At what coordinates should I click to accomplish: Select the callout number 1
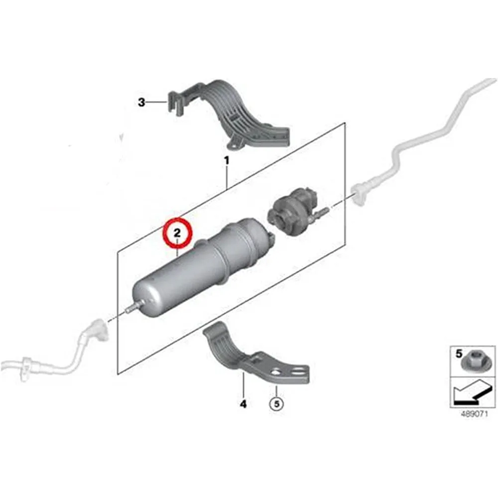(x=226, y=161)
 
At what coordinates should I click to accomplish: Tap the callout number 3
(x=142, y=103)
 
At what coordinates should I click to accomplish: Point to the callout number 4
(x=243, y=404)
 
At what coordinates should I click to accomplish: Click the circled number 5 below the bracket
(x=275, y=404)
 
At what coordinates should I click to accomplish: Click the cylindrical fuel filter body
(x=189, y=279)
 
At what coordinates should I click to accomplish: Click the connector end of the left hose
(x=95, y=330)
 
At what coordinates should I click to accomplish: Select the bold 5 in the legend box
(x=459, y=354)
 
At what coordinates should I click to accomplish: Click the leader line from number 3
(x=158, y=103)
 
